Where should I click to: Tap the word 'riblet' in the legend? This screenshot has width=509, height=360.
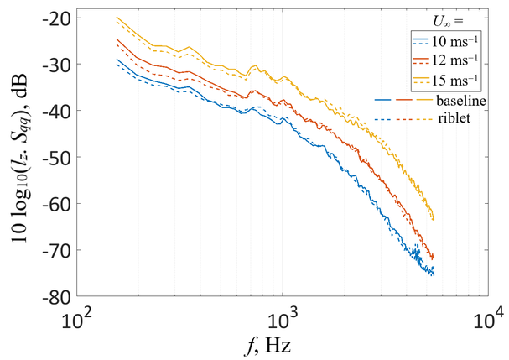(x=454, y=118)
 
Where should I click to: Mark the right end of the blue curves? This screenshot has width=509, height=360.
(x=434, y=274)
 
